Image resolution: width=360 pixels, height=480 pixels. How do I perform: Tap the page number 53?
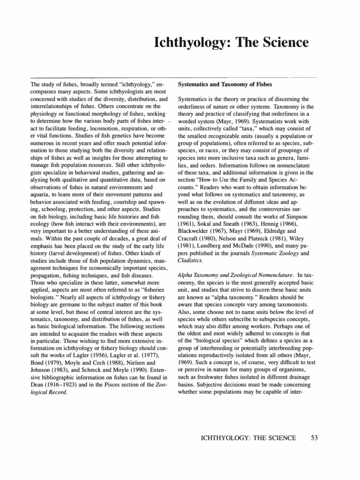coord(315,438)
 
